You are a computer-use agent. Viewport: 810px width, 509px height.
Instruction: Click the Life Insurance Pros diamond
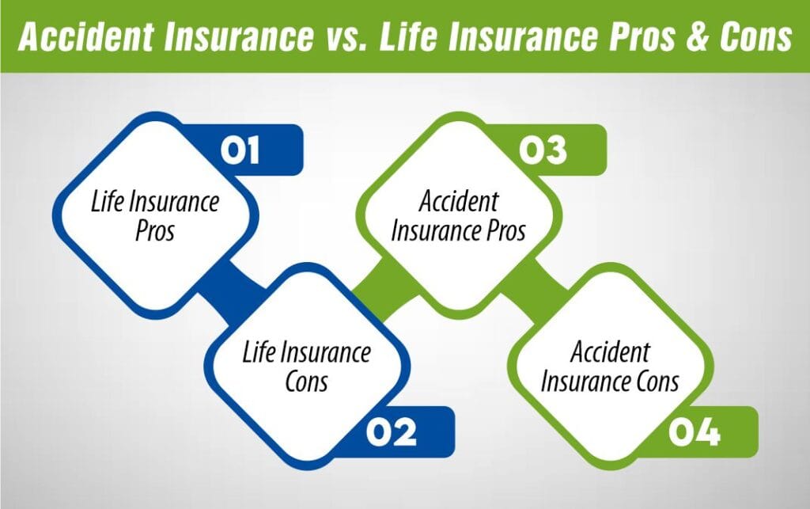coord(155,215)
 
